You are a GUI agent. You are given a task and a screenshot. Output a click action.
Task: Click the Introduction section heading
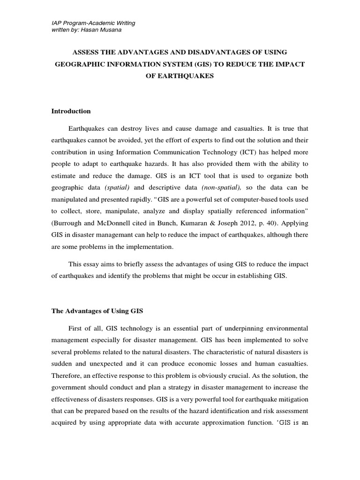pyautogui.click(x=70, y=111)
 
